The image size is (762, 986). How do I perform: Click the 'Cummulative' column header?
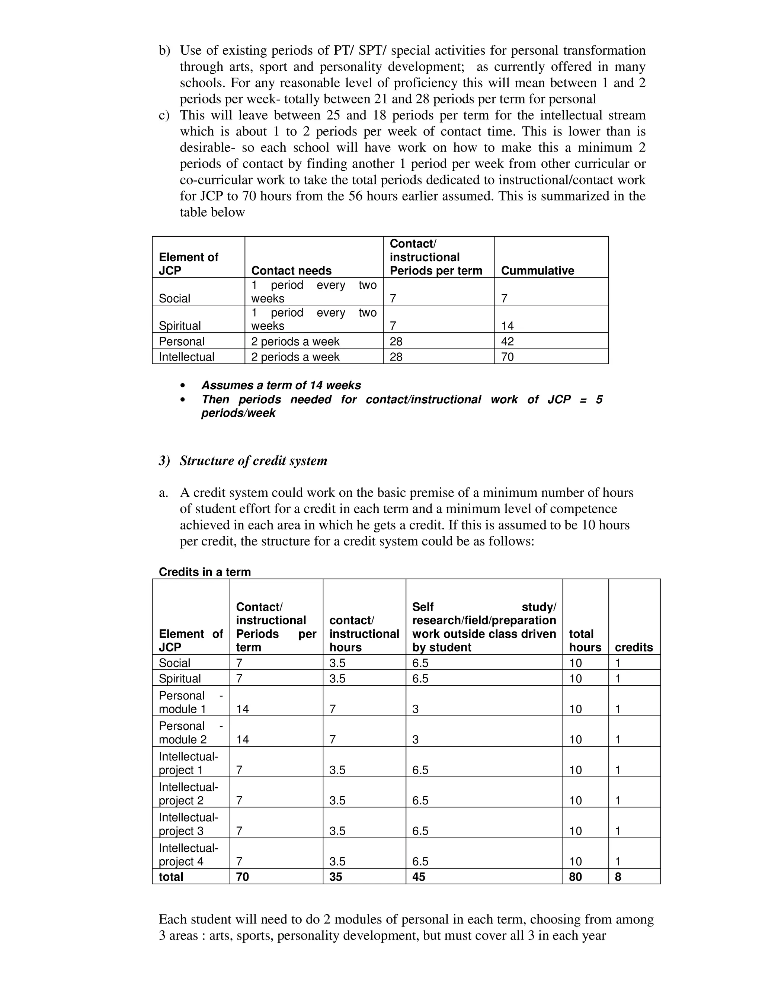click(x=537, y=270)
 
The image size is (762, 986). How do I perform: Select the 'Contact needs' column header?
click(x=291, y=270)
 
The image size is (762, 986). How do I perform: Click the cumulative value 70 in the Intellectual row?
click(x=508, y=357)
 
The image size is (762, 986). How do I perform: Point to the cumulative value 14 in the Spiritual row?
click(x=508, y=326)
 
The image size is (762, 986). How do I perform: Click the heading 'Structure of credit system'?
click(x=253, y=461)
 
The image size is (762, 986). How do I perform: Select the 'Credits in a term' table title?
click(x=205, y=572)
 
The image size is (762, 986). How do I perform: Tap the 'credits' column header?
click(x=634, y=647)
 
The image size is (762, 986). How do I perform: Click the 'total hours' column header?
click(x=585, y=640)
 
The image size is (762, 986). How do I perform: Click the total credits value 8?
click(x=618, y=877)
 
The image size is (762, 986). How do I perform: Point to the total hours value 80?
click(x=575, y=877)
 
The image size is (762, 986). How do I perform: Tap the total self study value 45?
click(x=419, y=877)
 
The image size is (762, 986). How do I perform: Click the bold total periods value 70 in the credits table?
click(x=243, y=877)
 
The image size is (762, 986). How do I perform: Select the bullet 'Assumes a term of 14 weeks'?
click(x=281, y=385)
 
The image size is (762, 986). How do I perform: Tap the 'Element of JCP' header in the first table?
click(x=188, y=264)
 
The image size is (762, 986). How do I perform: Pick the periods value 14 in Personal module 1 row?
click(x=243, y=709)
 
